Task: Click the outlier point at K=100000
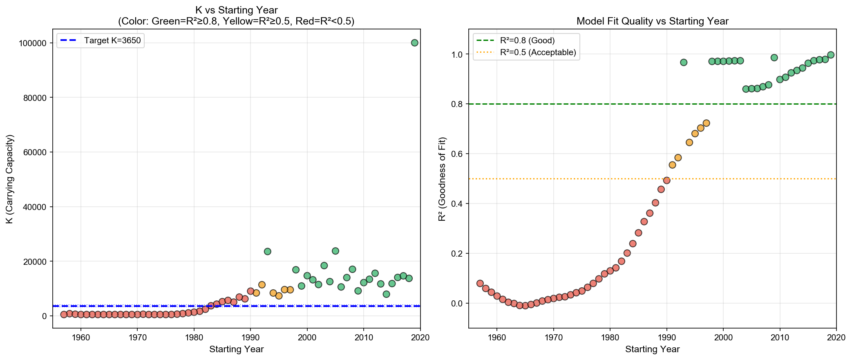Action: click(414, 42)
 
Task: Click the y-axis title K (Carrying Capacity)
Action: click(10, 179)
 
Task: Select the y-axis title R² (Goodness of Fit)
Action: click(442, 179)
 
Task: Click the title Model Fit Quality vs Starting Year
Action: click(652, 21)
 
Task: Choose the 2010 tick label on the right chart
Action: click(780, 338)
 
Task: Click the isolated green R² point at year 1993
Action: click(684, 63)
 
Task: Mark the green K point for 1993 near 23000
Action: click(268, 251)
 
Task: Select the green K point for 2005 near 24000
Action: click(335, 251)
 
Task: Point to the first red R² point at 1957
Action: click(480, 283)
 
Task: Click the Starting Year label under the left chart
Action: click(236, 349)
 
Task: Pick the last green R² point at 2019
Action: click(831, 55)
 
